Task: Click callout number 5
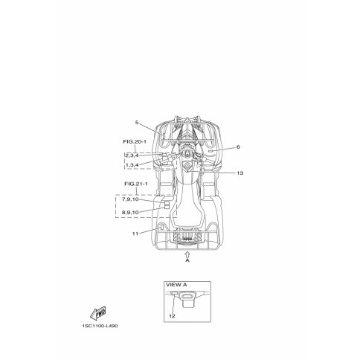pyautogui.click(x=137, y=123)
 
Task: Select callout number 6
pyautogui.click(x=238, y=147)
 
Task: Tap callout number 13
pyautogui.click(x=240, y=173)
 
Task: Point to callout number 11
pyautogui.click(x=135, y=234)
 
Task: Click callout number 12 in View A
pyautogui.click(x=172, y=316)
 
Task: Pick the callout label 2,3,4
pyautogui.click(x=132, y=155)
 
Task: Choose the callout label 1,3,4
pyautogui.click(x=132, y=165)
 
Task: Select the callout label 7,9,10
pyautogui.click(x=130, y=199)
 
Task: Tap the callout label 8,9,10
pyautogui.click(x=130, y=212)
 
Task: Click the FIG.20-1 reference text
pyautogui.click(x=135, y=141)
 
